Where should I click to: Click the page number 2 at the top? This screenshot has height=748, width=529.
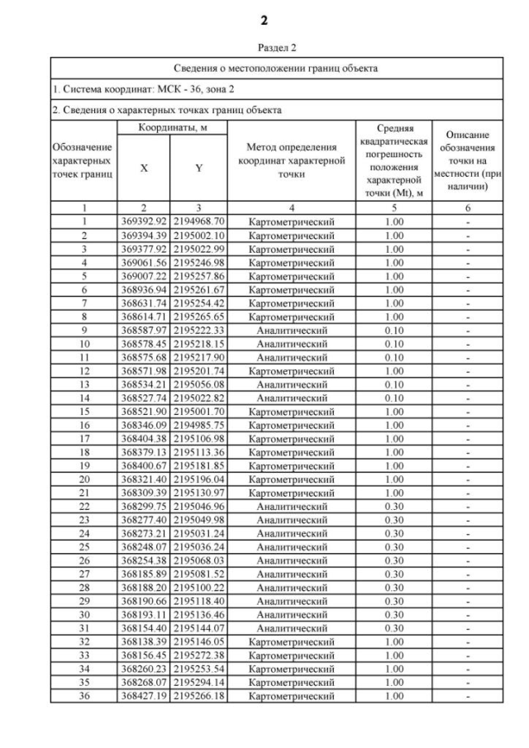coord(264,18)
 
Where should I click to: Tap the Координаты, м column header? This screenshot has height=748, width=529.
coord(169,127)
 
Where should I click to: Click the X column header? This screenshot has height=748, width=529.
coord(145,167)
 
